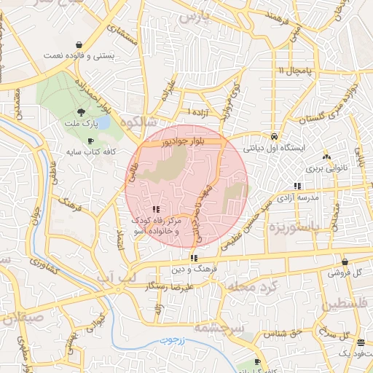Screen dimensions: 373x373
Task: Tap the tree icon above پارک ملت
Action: [81, 112]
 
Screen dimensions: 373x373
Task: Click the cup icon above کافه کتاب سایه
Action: [90, 141]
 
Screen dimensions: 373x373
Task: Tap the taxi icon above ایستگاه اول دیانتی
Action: [273, 136]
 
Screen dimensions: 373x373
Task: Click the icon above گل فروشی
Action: [345, 262]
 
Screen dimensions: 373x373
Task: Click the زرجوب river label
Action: [173, 339]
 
